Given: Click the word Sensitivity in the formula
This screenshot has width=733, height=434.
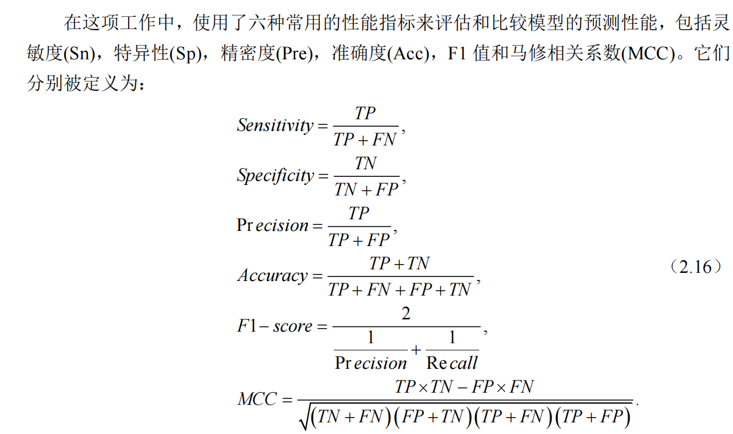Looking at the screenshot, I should pos(275,125).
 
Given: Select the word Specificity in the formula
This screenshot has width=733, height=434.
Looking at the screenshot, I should pos(275,175).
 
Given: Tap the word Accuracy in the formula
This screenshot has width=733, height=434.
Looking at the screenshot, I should pos(272,276).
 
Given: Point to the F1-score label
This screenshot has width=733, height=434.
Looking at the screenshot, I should pos(274,326).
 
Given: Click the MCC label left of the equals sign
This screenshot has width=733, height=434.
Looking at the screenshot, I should pos(257,400).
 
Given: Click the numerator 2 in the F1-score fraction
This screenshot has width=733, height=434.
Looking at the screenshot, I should pos(406,314).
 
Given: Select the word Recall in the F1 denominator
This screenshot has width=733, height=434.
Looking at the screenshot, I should pos(452,363).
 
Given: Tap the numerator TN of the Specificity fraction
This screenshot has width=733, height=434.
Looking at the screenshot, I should pos(366,164).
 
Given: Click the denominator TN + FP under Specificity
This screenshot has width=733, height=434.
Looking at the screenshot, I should pos(367,189).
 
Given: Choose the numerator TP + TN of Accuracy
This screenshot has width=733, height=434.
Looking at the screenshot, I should pos(399,264).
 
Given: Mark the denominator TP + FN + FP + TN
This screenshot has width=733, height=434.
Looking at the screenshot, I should pos(399,289).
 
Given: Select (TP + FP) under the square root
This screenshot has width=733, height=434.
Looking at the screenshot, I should pos(594,417).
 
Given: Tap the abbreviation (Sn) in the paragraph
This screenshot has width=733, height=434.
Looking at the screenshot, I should pos(80,55).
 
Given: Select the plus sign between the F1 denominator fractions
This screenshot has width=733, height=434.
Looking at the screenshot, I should pos(416,350).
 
